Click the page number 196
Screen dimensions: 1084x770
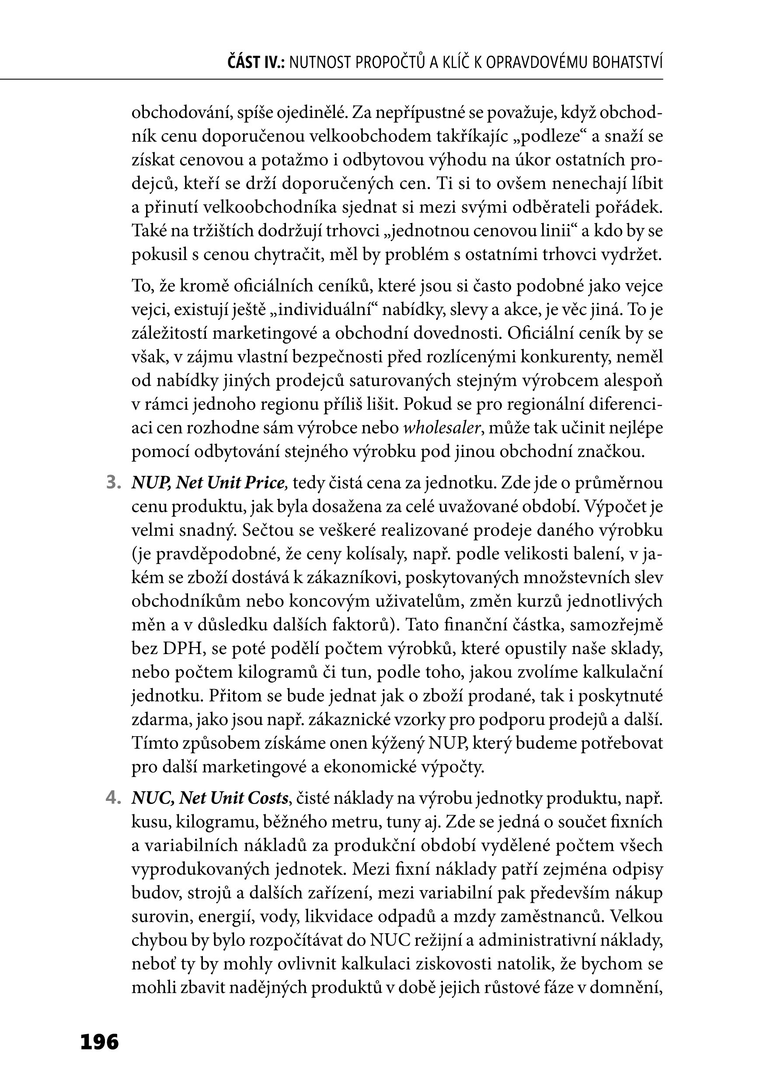coord(100,1042)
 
